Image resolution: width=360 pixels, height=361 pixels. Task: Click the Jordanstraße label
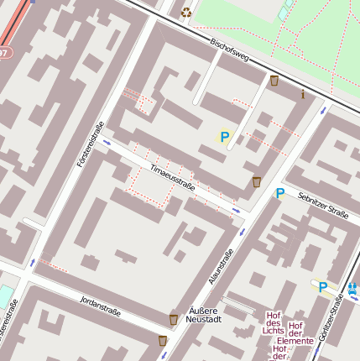(100, 307)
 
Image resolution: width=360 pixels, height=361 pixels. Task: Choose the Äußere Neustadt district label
(205, 315)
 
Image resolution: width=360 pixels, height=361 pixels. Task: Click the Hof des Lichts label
(273, 322)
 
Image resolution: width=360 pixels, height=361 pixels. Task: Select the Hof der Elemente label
(295, 333)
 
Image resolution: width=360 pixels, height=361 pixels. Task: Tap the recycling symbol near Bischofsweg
(185, 12)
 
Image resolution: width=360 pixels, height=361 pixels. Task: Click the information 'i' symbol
(302, 94)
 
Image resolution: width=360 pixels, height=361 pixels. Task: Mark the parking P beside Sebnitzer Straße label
(280, 193)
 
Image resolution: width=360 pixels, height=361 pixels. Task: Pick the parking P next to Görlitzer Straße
(322, 287)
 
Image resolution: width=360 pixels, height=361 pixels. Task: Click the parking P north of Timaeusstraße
(224, 137)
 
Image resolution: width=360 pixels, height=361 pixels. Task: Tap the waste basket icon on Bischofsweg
(274, 81)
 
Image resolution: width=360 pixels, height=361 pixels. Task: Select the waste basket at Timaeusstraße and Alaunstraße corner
(257, 181)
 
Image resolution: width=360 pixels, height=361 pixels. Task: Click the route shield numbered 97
(3, 52)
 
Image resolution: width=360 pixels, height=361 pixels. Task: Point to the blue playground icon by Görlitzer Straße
(352, 289)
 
